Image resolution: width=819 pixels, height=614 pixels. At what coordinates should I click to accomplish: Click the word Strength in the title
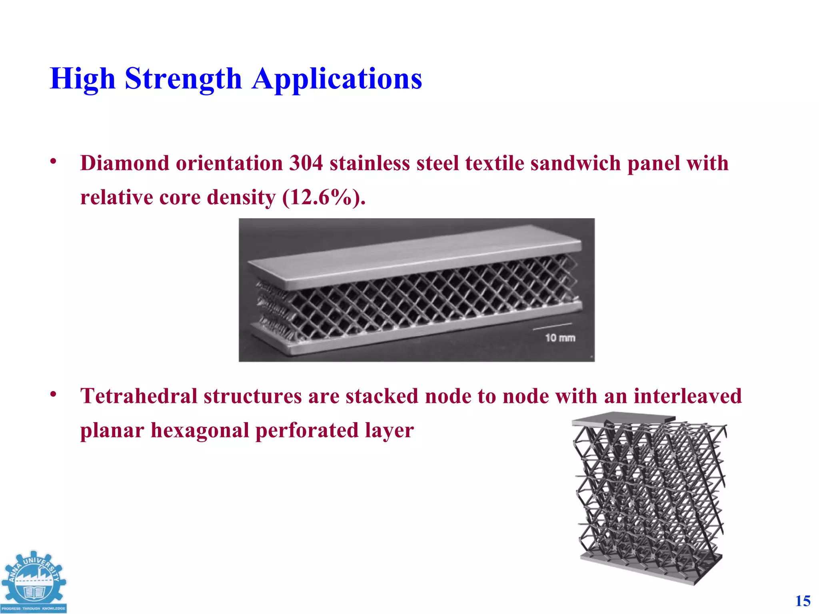(183, 79)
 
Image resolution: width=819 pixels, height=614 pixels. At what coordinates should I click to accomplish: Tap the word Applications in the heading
(337, 79)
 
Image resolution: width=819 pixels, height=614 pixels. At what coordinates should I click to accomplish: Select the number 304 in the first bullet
(306, 163)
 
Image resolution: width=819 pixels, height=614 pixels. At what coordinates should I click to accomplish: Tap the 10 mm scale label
(560, 338)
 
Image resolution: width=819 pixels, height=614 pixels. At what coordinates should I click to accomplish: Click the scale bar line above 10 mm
(552, 327)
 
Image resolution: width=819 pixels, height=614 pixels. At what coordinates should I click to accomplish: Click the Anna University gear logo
(34, 578)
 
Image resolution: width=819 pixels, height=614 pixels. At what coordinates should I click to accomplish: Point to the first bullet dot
(53, 161)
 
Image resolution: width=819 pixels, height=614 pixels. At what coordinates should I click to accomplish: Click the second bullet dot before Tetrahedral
(53, 394)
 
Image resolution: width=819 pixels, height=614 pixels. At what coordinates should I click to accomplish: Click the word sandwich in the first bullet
(573, 163)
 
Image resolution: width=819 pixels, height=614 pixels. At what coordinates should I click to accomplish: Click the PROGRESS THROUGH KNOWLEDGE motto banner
(34, 608)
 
